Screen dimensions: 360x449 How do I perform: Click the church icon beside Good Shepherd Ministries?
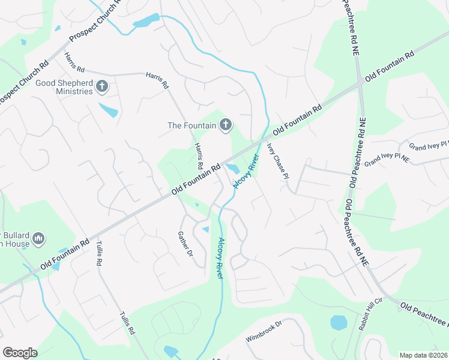(101, 87)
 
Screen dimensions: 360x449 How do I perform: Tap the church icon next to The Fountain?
(225, 125)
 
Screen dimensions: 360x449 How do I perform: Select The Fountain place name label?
(191, 125)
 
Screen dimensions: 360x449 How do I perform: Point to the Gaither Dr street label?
(185, 244)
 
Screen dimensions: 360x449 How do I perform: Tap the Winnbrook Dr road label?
(264, 331)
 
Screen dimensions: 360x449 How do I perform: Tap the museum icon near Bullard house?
(38, 239)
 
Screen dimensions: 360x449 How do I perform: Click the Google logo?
(20, 353)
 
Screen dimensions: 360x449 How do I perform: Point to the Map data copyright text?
(424, 355)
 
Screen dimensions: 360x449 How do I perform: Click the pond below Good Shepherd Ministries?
(107, 110)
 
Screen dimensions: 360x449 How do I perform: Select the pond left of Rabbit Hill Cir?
(339, 322)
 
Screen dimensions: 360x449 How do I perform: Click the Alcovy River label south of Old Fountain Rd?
(220, 258)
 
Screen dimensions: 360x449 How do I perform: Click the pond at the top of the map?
(146, 22)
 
